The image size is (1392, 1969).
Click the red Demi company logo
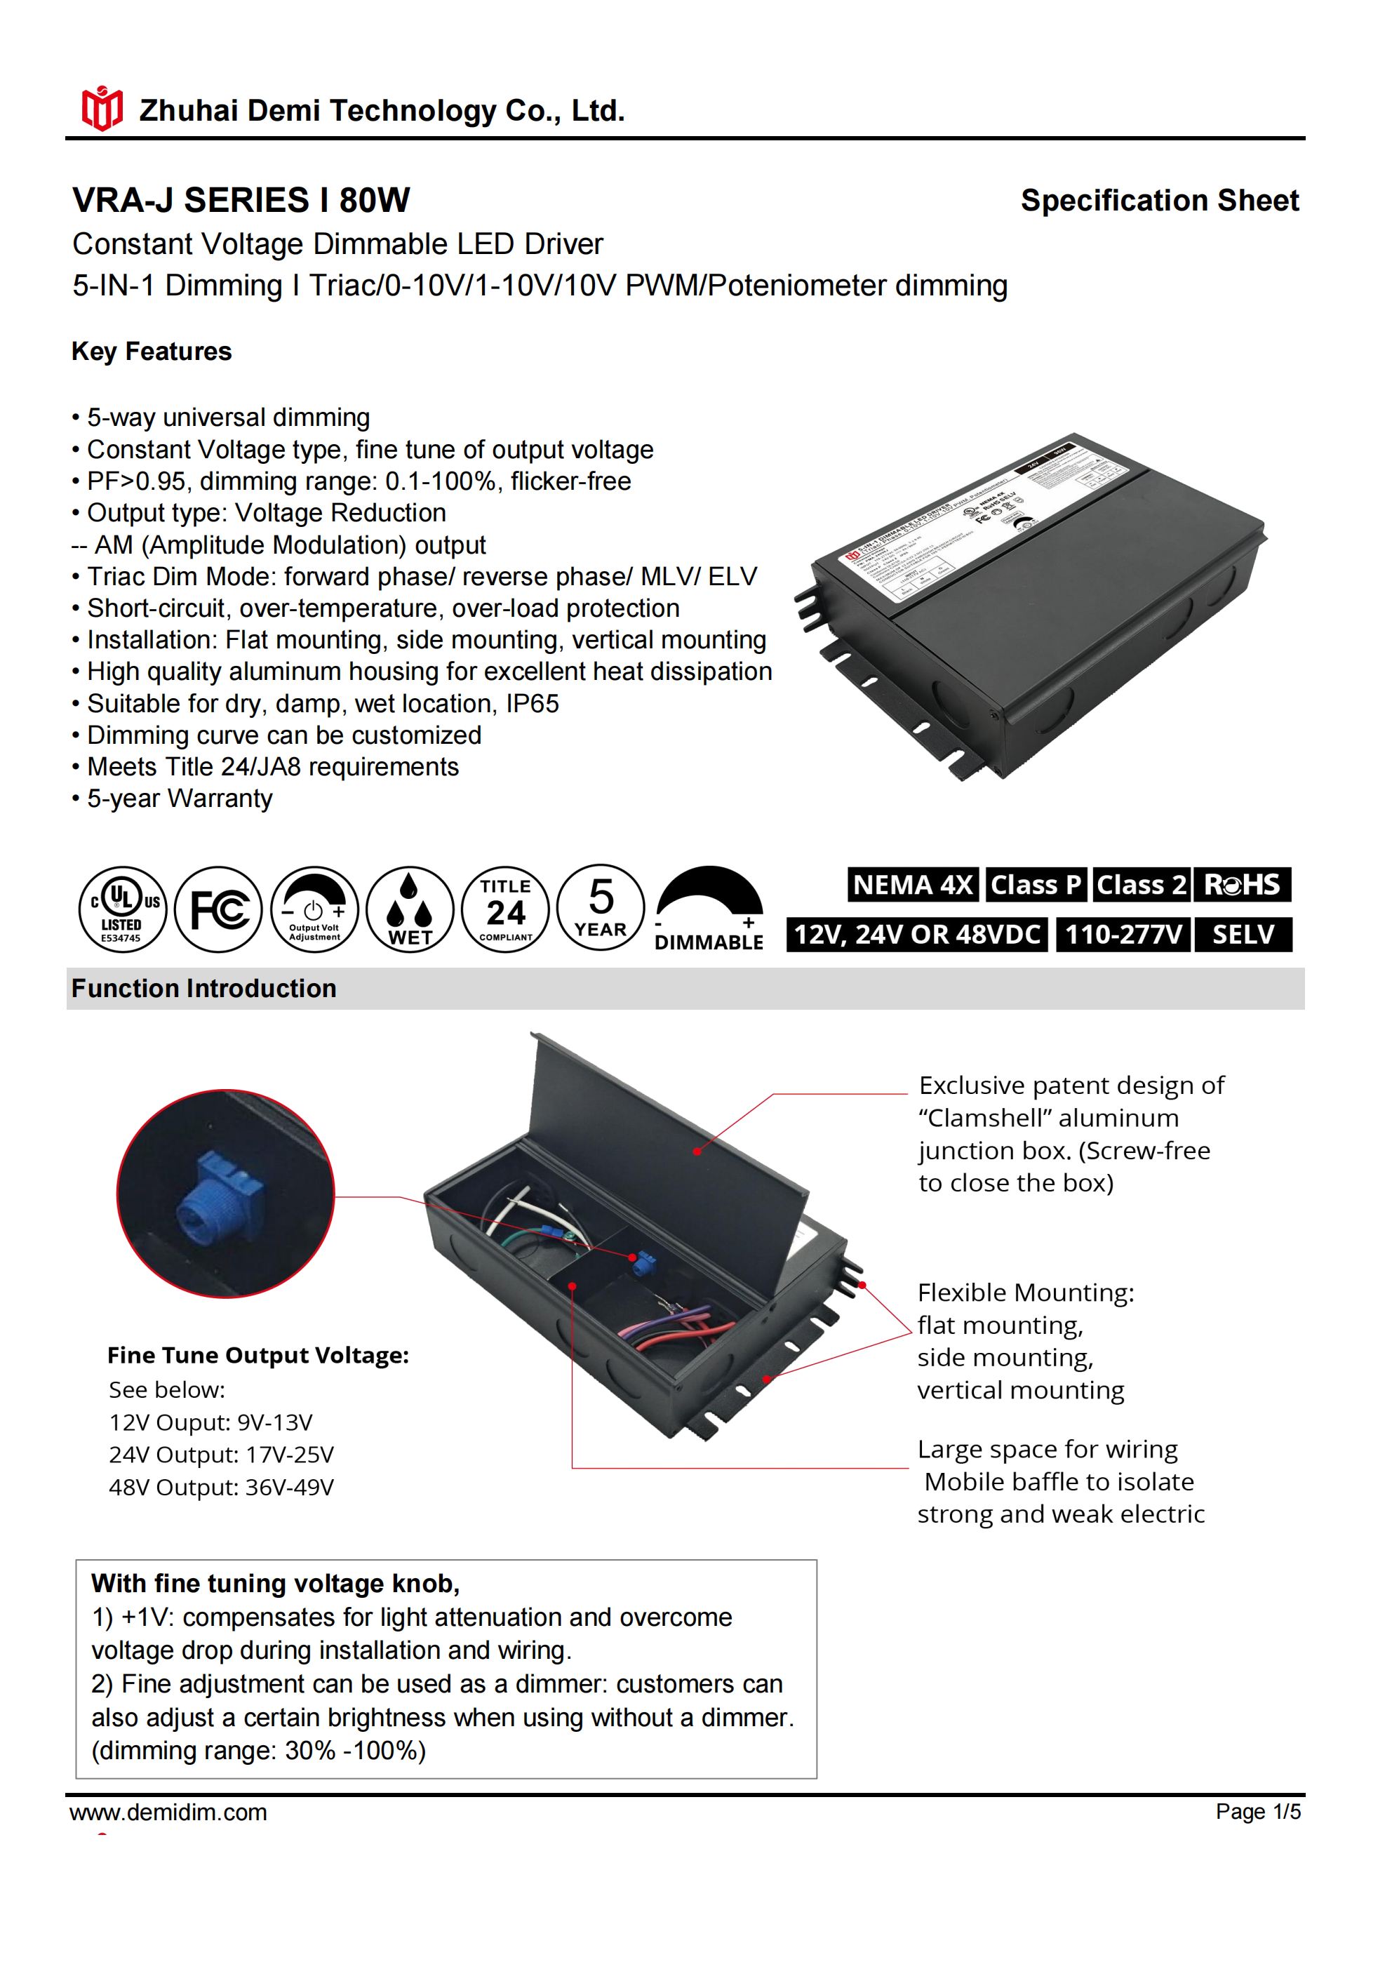tap(101, 109)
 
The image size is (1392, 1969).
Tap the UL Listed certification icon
tap(123, 909)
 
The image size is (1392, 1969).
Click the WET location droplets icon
tap(410, 909)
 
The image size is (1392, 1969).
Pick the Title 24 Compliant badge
tap(505, 909)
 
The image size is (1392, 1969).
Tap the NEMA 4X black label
tap(913, 884)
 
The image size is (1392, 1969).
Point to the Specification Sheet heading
tap(1160, 200)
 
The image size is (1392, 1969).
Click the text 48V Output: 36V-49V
tap(221, 1487)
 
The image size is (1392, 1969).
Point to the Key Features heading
tap(152, 352)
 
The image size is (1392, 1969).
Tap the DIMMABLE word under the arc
tap(709, 942)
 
